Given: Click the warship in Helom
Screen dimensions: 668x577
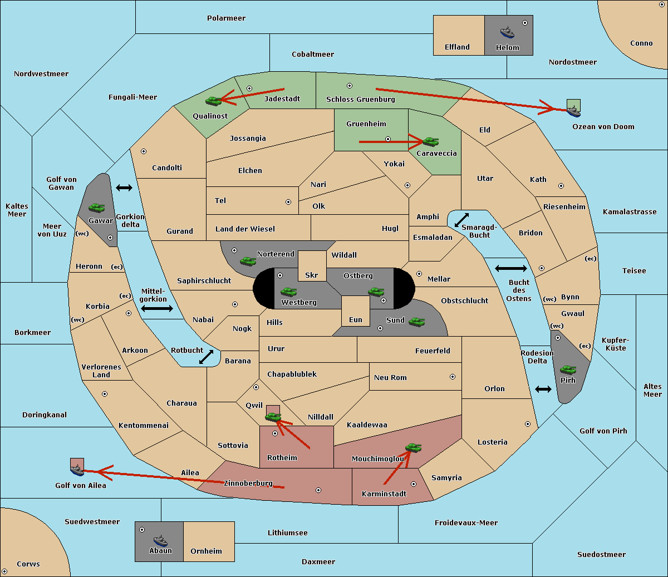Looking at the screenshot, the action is click(507, 33).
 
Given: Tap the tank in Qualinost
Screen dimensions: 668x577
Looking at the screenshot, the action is click(214, 101).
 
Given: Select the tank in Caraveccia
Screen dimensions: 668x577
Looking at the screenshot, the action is click(431, 141).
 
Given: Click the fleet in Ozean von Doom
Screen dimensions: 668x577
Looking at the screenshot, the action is click(573, 111).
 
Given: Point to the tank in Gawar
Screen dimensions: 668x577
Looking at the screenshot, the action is click(97, 208).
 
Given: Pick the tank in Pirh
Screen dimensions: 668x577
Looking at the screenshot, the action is click(568, 369).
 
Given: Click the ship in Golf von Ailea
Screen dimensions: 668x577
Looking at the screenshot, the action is click(77, 470).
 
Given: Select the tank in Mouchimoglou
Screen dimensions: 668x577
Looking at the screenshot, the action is click(414, 447).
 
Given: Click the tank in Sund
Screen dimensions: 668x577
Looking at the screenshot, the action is click(416, 322).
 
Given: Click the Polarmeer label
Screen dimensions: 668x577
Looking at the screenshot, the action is click(226, 18).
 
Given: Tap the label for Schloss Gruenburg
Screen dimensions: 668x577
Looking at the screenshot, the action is click(361, 99).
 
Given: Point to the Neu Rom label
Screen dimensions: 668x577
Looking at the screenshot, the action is click(390, 377).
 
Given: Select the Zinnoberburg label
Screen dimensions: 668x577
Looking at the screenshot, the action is click(248, 484).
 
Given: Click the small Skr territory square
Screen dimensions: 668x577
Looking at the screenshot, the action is click(312, 266).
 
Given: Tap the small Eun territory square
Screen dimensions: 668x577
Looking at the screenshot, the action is click(356, 311).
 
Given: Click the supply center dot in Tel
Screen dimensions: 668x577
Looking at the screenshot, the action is click(288, 202).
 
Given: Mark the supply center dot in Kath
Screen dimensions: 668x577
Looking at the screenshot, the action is click(561, 186).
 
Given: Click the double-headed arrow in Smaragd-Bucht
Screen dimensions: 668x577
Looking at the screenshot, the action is click(461, 220).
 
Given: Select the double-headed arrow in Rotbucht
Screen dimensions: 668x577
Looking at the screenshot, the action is click(206, 357).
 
